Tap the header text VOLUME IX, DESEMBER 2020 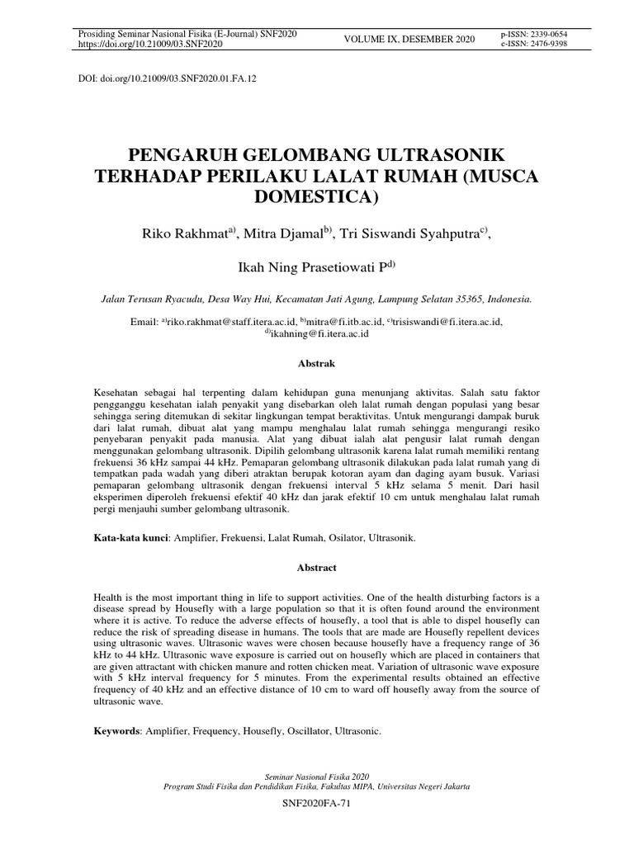[x=409, y=39]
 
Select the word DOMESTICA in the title [x=317, y=196]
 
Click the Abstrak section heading [x=317, y=362]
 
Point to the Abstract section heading [x=317, y=568]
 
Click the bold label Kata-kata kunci [x=132, y=538]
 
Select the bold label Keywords [x=117, y=730]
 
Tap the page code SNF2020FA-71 [x=317, y=803]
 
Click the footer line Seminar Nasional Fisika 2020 [x=317, y=777]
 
